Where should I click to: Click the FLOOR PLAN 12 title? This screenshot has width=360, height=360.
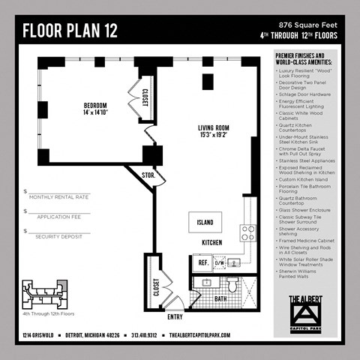coord(69,31)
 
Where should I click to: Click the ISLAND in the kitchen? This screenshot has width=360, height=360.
coord(205,222)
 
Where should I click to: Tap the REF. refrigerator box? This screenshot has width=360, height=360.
coord(202,262)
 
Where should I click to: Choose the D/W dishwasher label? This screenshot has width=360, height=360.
coord(220,263)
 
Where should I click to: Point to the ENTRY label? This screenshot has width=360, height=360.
coord(175,316)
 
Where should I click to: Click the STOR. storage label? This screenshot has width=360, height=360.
coord(148,175)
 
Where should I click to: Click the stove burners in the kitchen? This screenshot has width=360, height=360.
coord(248,232)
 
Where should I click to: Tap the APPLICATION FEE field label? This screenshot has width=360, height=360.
coord(57,216)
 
